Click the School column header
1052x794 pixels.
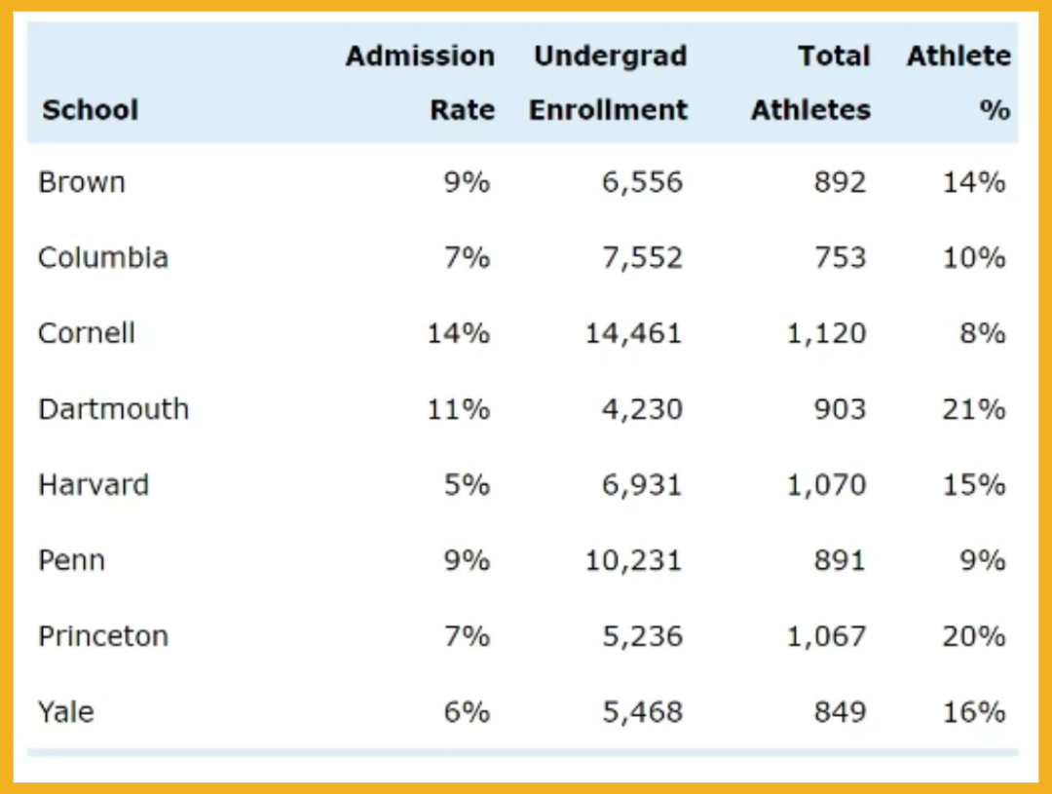pyautogui.click(x=90, y=110)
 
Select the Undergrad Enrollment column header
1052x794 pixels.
pyautogui.click(x=609, y=83)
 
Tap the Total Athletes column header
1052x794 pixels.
pyautogui.click(x=810, y=83)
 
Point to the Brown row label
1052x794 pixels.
pyautogui.click(x=82, y=182)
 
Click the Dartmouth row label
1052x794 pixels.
pyautogui.click(x=113, y=409)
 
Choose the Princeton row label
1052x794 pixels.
pyautogui.click(x=103, y=636)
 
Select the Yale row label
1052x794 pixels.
pyautogui.click(x=66, y=712)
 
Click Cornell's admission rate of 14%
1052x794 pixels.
pyautogui.click(x=458, y=333)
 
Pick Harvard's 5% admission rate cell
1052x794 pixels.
pyautogui.click(x=467, y=484)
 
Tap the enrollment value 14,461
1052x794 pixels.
pyautogui.click(x=633, y=333)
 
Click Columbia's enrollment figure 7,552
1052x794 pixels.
pyautogui.click(x=642, y=257)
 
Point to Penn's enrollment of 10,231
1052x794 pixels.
pyautogui.click(x=633, y=560)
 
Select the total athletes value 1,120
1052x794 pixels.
pyautogui.click(x=826, y=333)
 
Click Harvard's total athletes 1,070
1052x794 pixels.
pyautogui.click(x=826, y=484)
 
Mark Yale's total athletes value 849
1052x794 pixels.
pyautogui.click(x=840, y=712)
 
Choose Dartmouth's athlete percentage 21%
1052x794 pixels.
pyautogui.click(x=973, y=409)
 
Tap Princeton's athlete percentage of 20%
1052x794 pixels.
pyautogui.click(x=973, y=636)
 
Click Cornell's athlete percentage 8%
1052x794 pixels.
pyautogui.click(x=982, y=333)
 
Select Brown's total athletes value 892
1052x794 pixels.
pyautogui.click(x=840, y=182)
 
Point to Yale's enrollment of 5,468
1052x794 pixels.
pyautogui.click(x=642, y=712)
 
